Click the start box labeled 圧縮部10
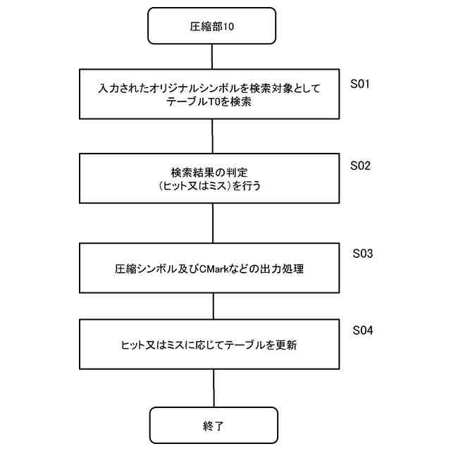click(212, 26)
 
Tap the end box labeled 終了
click(212, 426)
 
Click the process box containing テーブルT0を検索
click(212, 94)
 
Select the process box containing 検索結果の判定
click(212, 178)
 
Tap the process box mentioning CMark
click(212, 268)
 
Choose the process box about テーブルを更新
click(212, 346)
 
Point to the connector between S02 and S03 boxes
click(212, 223)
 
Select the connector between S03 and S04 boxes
click(212, 307)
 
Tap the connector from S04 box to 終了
click(212, 389)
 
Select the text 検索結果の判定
click(212, 171)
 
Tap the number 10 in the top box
click(227, 27)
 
